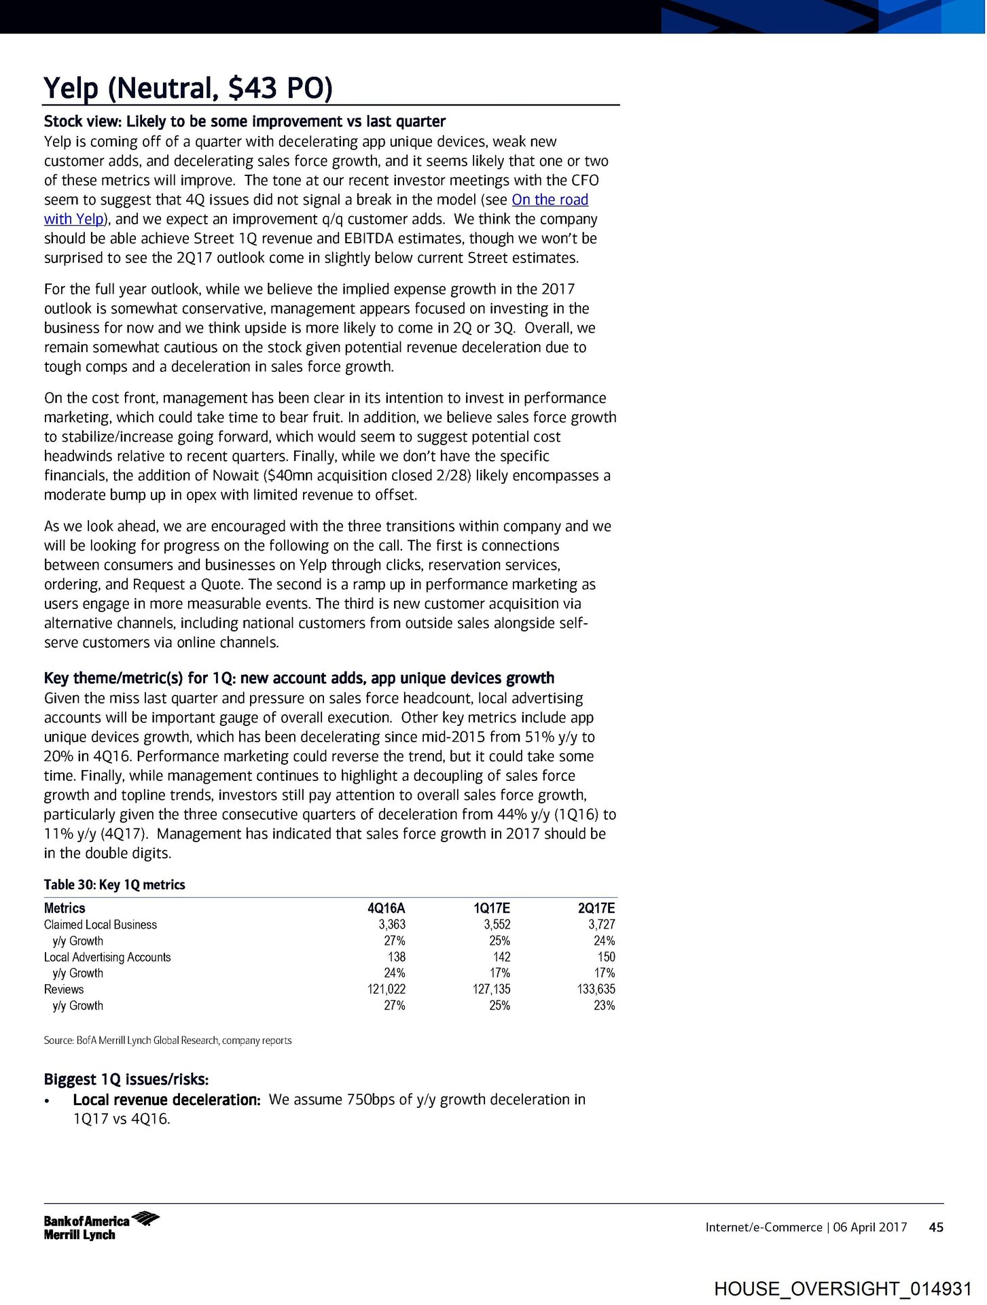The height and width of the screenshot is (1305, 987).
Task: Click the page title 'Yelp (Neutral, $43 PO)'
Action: (x=187, y=88)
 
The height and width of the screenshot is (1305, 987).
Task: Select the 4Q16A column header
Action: (x=386, y=908)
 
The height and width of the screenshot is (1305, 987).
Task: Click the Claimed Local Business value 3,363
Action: (x=392, y=924)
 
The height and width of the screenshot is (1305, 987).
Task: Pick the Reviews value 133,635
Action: (x=596, y=989)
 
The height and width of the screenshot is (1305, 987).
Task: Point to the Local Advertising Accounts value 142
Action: (x=501, y=957)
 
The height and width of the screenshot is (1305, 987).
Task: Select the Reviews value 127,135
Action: (x=491, y=989)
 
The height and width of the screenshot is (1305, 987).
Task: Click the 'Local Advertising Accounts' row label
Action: (x=107, y=957)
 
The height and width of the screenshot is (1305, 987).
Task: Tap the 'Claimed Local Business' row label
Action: (x=101, y=924)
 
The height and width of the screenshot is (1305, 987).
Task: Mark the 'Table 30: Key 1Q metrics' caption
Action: (x=114, y=884)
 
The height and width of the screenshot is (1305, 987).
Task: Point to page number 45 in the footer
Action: (x=936, y=1227)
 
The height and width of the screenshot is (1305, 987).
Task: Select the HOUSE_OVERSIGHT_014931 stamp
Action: (x=843, y=1289)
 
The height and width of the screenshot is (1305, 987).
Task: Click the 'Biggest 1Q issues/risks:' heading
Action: (x=126, y=1079)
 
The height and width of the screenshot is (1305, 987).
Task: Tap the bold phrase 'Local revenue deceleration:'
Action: (x=166, y=1100)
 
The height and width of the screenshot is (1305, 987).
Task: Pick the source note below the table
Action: (x=168, y=1040)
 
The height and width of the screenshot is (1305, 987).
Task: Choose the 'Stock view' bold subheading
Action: (x=245, y=122)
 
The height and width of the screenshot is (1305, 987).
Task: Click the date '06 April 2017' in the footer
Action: (x=870, y=1227)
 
